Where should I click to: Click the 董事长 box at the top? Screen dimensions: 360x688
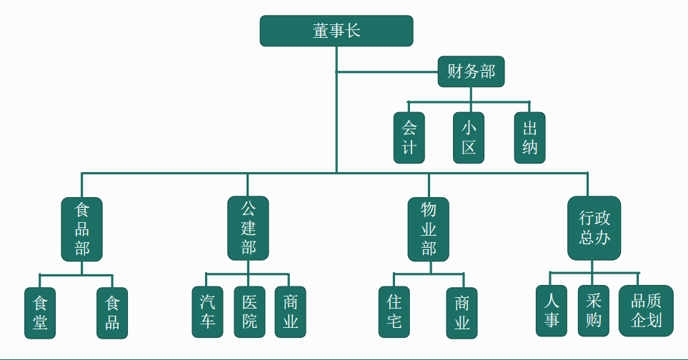336,31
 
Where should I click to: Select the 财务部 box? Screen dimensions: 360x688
471,71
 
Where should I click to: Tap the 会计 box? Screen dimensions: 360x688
409,138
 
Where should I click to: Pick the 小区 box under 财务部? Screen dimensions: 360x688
469,138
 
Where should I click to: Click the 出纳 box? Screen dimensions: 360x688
529,138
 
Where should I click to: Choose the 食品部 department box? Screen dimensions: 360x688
81,229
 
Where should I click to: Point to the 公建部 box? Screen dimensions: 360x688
248,229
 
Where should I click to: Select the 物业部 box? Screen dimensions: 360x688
429,229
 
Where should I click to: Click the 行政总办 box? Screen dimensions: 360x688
594,228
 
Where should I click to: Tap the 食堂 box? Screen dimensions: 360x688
41,312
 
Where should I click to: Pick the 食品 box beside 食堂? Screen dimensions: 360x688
112,312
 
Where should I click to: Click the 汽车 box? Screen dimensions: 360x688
207,311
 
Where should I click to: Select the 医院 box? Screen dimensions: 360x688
249,311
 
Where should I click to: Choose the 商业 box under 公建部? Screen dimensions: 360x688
290,311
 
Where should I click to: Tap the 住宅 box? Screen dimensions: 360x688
394,312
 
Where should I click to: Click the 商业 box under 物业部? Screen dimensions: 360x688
462,312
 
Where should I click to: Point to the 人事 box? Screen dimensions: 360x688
552,311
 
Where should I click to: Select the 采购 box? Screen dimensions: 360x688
594,311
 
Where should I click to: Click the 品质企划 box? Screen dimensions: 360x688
646,311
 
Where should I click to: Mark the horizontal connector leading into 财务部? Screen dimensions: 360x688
386,72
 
